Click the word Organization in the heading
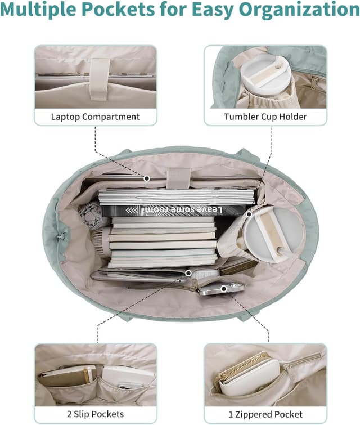(299, 9)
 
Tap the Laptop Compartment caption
(96, 117)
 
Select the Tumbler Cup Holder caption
(265, 117)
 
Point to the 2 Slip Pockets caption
(96, 414)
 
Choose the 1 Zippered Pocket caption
(265, 414)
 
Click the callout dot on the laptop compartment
(147, 178)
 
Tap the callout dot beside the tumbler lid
(249, 214)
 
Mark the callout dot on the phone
(224, 289)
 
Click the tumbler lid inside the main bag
(273, 235)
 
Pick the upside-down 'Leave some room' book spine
(173, 211)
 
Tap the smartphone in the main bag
(220, 289)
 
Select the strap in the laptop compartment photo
(100, 79)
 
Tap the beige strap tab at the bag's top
(178, 178)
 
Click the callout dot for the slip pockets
(188, 273)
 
